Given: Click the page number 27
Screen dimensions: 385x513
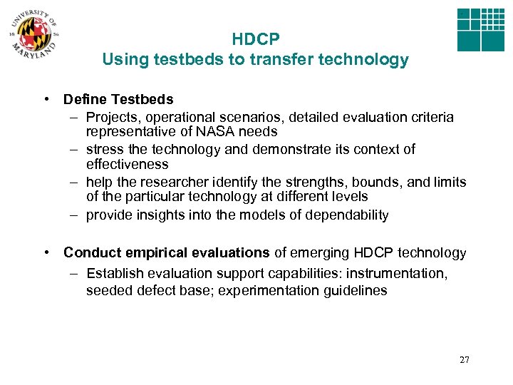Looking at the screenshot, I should click(465, 359).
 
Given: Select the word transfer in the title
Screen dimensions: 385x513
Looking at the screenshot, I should click(281, 60).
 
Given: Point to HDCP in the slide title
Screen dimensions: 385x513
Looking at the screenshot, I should click(255, 40).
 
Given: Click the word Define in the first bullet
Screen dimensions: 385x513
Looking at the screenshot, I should click(85, 99).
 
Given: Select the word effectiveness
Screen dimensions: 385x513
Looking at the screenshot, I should click(128, 165).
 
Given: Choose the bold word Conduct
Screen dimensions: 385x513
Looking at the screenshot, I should click(91, 252).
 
